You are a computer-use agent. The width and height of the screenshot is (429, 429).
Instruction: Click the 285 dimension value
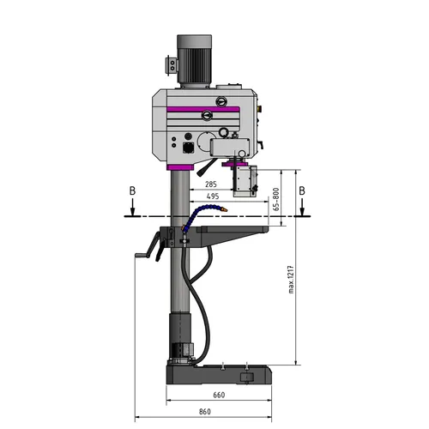pyautogui.click(x=211, y=184)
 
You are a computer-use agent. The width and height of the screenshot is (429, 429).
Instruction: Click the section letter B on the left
pyautogui.click(x=127, y=190)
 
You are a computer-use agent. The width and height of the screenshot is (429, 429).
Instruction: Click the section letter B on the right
pyautogui.click(x=301, y=190)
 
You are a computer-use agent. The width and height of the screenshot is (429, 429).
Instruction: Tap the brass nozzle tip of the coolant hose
pyautogui.click(x=224, y=207)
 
